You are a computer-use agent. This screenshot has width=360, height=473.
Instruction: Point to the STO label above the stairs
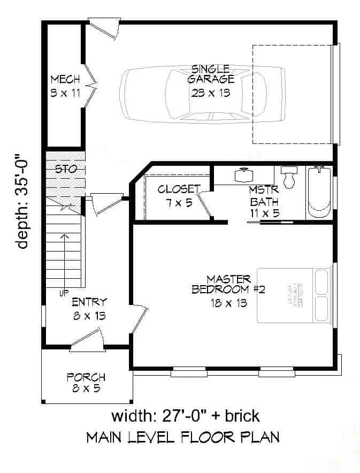click(x=66, y=169)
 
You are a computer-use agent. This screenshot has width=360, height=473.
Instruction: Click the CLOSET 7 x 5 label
click(x=178, y=195)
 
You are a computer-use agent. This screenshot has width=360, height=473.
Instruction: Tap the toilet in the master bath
click(x=289, y=177)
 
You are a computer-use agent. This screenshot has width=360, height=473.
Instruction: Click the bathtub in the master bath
click(x=319, y=193)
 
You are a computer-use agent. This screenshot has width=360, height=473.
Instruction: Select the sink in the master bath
click(x=245, y=175)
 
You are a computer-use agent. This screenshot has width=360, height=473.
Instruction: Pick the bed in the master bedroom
click(x=295, y=295)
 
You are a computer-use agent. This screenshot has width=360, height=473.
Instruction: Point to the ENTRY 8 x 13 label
click(x=89, y=309)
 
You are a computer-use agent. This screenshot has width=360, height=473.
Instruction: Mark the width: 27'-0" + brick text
click(x=185, y=416)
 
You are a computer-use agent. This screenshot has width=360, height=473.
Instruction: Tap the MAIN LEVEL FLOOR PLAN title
click(x=182, y=438)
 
